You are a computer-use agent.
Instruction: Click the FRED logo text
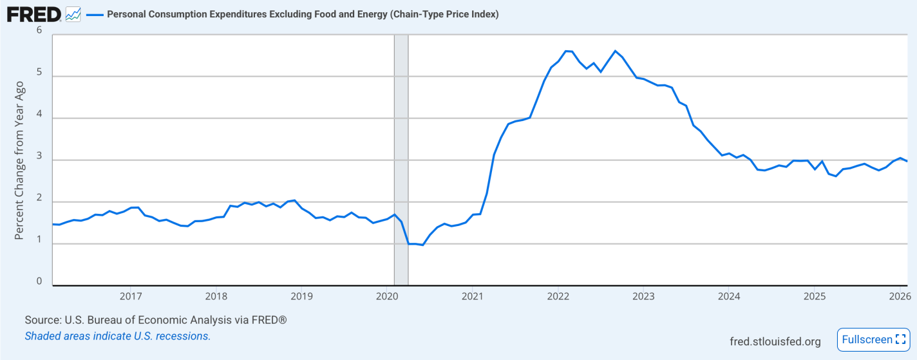pyautogui.click(x=33, y=14)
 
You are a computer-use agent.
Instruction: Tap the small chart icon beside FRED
pyautogui.click(x=73, y=14)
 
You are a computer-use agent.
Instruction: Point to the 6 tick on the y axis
pyautogui.click(x=39, y=30)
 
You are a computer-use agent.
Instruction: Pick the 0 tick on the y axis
pyautogui.click(x=39, y=281)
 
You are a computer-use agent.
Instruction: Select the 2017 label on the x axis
pyautogui.click(x=131, y=296)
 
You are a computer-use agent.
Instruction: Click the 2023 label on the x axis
pyautogui.click(x=643, y=296)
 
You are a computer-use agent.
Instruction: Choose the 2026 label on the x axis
pyautogui.click(x=900, y=296)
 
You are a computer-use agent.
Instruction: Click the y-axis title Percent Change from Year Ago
pyautogui.click(x=19, y=160)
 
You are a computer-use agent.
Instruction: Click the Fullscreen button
pyautogui.click(x=874, y=339)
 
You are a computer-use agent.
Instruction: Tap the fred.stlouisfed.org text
pyautogui.click(x=775, y=341)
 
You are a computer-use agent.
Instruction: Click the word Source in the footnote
pyautogui.click(x=44, y=320)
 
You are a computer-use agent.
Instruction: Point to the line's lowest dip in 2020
pyautogui.click(x=422, y=245)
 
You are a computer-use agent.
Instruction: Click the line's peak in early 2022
pyautogui.click(x=566, y=51)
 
